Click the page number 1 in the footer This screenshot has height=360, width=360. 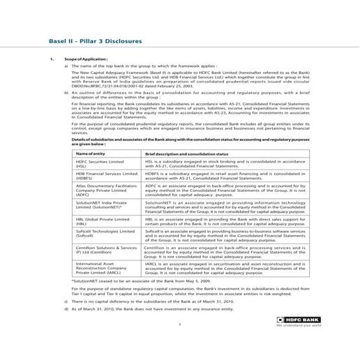point(179,324)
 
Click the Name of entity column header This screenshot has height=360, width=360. point(91,152)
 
